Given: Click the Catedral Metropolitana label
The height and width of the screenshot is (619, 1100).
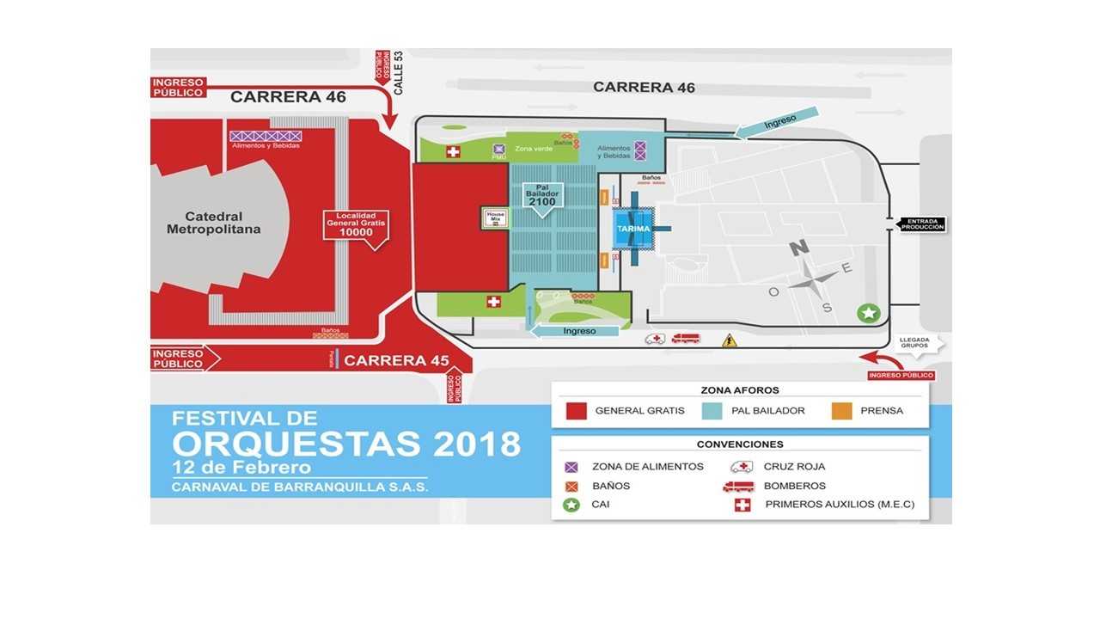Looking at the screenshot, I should (214, 223).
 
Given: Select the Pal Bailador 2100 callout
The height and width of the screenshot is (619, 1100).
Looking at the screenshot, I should (542, 196).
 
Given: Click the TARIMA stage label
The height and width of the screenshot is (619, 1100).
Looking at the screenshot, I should (633, 229).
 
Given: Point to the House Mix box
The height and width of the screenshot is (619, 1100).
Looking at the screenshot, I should (496, 218).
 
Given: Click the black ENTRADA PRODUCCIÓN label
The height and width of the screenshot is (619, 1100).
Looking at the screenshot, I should (921, 224).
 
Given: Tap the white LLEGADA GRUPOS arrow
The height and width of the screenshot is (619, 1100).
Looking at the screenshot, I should (918, 344).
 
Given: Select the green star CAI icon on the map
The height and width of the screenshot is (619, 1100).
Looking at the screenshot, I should (869, 313).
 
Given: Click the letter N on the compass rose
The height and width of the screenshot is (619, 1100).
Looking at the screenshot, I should (799, 248).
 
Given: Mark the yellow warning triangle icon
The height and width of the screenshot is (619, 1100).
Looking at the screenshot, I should (730, 340).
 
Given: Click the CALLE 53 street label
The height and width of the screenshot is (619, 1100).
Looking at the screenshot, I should (398, 72).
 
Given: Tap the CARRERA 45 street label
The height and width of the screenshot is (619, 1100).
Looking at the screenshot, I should (396, 360).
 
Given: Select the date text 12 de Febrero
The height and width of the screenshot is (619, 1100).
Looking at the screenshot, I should (241, 468).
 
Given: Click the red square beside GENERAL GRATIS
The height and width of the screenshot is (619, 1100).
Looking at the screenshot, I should (576, 410).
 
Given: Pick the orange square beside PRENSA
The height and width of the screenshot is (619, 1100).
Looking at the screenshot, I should (842, 410).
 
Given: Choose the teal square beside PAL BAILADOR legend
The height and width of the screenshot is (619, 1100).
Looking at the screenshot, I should (712, 410).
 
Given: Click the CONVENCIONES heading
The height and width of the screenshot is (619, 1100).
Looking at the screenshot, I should (741, 444).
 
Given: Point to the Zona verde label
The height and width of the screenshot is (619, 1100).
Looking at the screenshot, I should (530, 149).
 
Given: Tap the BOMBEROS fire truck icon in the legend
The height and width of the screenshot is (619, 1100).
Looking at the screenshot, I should (738, 486).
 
